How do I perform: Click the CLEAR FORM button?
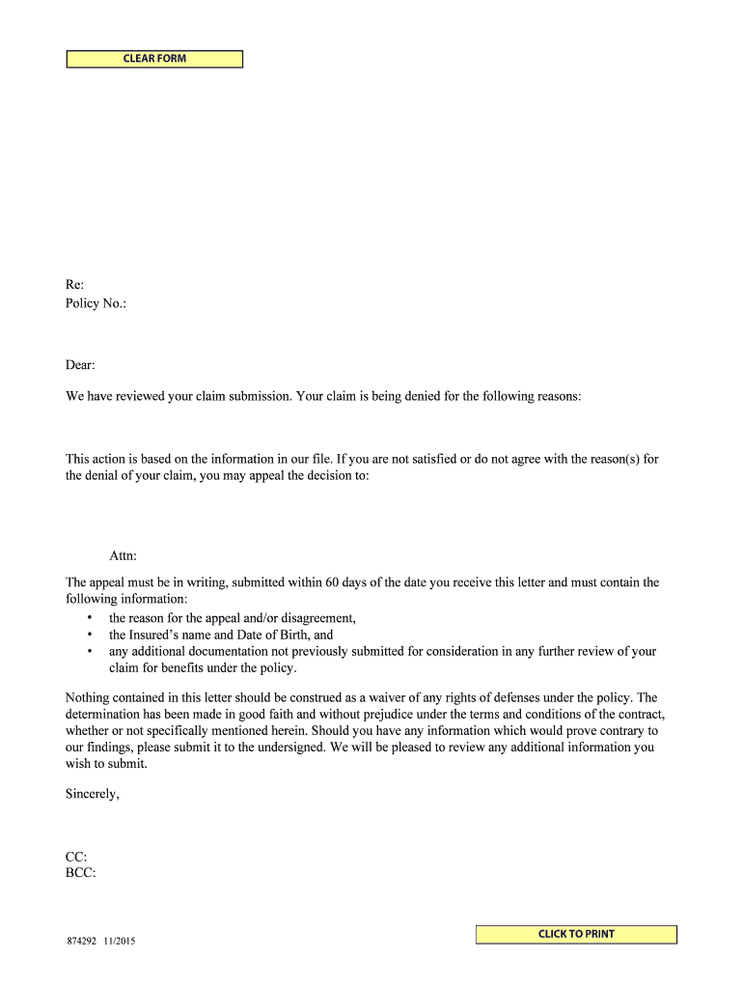coord(154,59)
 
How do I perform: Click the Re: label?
coord(74,285)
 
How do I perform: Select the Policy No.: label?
coord(96,303)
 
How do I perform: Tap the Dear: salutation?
coord(80,365)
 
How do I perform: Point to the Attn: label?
coord(123,556)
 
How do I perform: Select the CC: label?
coord(76,857)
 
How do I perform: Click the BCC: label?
coord(80,873)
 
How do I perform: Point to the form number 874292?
coord(81,942)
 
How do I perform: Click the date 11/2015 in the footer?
coord(120,942)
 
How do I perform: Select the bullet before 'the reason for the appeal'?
coord(89,618)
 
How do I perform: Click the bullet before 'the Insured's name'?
coord(89,636)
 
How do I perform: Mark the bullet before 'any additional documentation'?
coord(89,652)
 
